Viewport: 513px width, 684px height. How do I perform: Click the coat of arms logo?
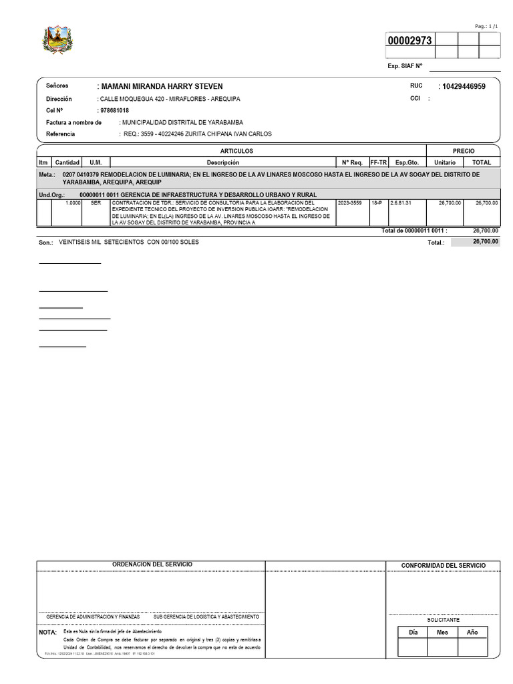pyautogui.click(x=56, y=41)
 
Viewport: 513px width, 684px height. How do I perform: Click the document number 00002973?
pyautogui.click(x=410, y=41)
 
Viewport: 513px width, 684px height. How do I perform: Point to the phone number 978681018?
pyautogui.click(x=114, y=110)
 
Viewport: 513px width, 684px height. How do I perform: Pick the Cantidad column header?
pyautogui.click(x=67, y=162)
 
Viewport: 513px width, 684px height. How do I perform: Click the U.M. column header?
pyautogui.click(x=96, y=162)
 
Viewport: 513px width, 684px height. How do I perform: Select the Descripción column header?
pyautogui.click(x=222, y=162)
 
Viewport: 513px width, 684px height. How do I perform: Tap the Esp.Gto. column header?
pyautogui.click(x=406, y=162)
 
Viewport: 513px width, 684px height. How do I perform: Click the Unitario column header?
pyautogui.click(x=445, y=162)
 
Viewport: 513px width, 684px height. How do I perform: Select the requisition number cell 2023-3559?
pyautogui.click(x=350, y=202)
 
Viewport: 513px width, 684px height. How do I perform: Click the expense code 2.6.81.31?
pyautogui.click(x=401, y=202)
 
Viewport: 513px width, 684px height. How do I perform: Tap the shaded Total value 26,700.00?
pyautogui.click(x=485, y=242)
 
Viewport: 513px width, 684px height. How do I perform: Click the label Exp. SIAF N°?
pyautogui.click(x=405, y=66)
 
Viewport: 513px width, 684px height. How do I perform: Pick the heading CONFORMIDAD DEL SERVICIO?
pyautogui.click(x=444, y=566)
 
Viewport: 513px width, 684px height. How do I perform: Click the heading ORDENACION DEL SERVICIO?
pyautogui.click(x=152, y=564)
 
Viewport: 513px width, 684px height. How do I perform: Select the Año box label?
pyautogui.click(x=472, y=632)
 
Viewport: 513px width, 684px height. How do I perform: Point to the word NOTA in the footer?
pyautogui.click(x=48, y=632)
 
